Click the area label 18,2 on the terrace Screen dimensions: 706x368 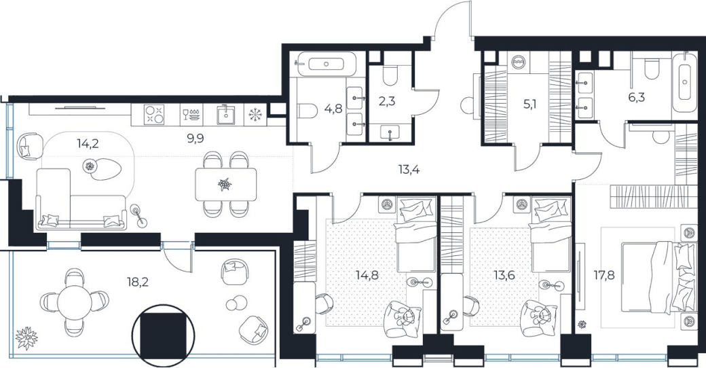[138, 282]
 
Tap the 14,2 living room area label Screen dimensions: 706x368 [88, 144]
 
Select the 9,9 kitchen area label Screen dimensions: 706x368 [196, 138]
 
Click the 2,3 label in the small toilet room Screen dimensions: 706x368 [387, 101]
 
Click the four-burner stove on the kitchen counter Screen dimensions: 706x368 [154, 114]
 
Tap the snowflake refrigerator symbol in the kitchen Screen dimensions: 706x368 [255, 115]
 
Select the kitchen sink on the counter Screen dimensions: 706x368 [224, 115]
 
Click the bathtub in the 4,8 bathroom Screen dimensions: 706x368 [327, 64]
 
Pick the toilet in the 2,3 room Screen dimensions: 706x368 [390, 76]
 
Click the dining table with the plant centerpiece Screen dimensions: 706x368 [226, 184]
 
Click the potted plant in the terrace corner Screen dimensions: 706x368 [26, 337]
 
